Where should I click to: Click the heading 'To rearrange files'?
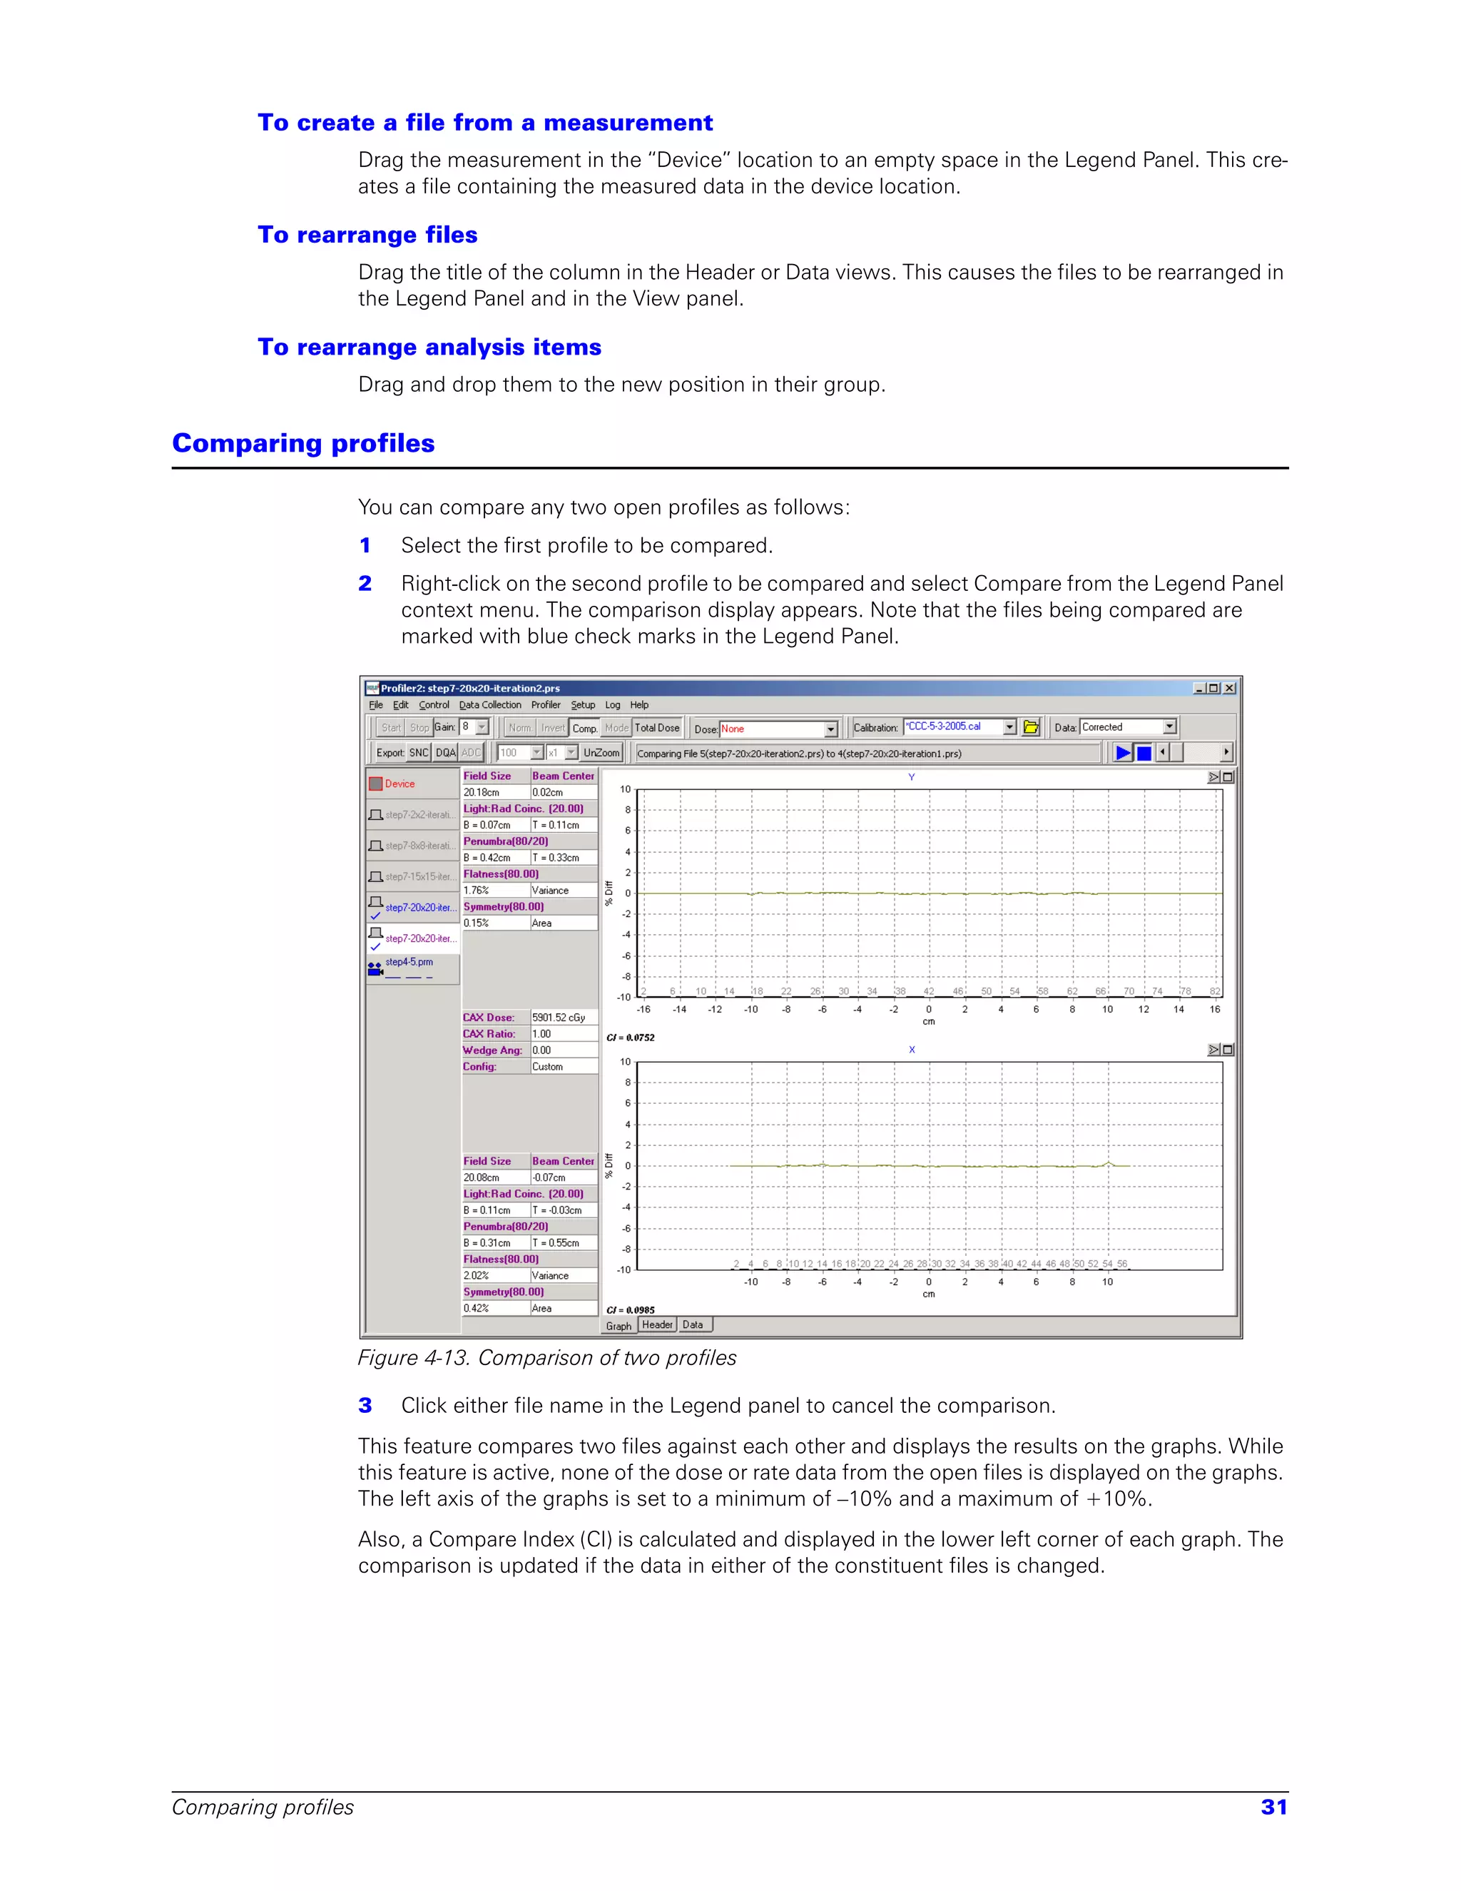[x=367, y=235]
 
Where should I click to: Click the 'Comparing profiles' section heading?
[x=303, y=443]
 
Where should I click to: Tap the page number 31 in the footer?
[x=1273, y=1807]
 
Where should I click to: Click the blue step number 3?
[x=365, y=1405]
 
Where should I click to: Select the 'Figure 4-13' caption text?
[x=546, y=1358]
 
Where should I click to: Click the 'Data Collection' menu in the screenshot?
[x=490, y=705]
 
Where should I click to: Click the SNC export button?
[x=419, y=752]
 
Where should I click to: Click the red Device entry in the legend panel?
[x=399, y=784]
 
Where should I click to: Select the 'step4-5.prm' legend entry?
[x=409, y=962]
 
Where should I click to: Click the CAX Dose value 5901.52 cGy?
[x=559, y=1018]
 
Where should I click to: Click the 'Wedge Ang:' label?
[x=492, y=1050]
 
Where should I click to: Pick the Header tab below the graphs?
[x=657, y=1324]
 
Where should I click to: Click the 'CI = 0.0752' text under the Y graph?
[x=630, y=1038]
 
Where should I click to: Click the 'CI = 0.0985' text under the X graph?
[x=630, y=1310]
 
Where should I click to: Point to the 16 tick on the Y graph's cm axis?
[x=1214, y=1010]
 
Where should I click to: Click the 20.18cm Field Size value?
[x=482, y=792]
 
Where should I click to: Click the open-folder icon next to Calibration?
[x=1031, y=727]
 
